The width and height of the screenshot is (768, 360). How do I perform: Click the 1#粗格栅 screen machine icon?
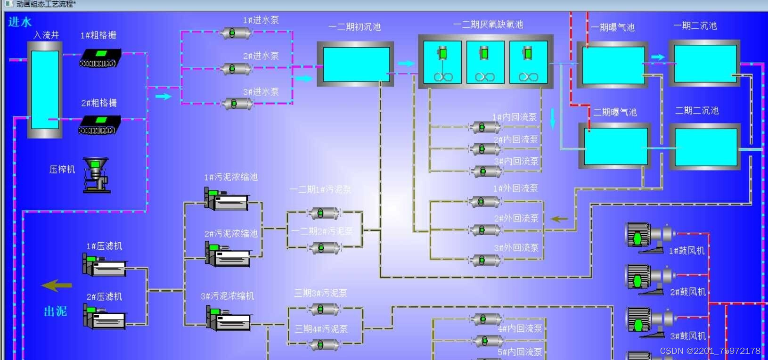coord(100,58)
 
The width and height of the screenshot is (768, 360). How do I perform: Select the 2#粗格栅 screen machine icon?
coord(99,125)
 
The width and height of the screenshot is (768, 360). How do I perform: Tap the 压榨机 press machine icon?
coord(97,175)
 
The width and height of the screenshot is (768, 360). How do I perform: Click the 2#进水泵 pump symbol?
coord(235,69)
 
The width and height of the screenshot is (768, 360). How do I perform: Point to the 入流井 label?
coord(46,35)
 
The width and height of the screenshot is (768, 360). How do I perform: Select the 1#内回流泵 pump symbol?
coord(484,127)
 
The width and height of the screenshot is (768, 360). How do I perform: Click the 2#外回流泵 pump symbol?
coord(484,230)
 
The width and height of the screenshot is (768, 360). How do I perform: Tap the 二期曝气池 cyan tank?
coord(615,147)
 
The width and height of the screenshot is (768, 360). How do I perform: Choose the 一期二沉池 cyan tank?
coord(705,63)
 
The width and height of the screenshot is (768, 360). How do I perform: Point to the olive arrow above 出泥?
coord(57,285)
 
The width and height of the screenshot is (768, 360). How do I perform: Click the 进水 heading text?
coord(20,22)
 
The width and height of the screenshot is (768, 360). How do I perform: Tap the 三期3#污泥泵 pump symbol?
coord(323,309)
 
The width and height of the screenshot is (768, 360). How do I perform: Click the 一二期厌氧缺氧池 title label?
coord(488,25)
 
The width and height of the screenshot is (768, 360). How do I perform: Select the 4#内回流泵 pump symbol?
coord(485,319)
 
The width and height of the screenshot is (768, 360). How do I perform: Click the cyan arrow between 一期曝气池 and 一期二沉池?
coord(658,57)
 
